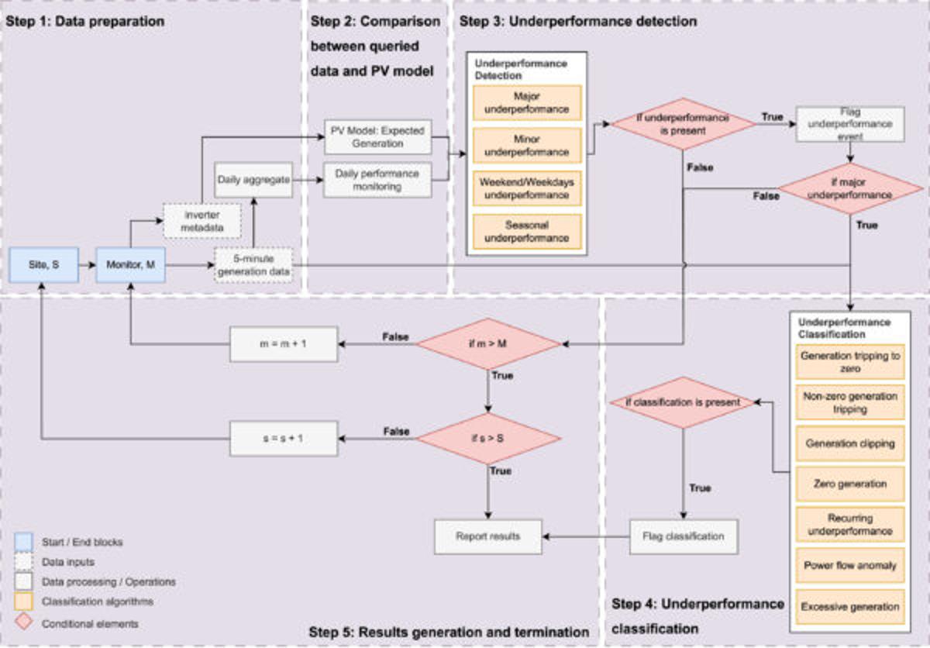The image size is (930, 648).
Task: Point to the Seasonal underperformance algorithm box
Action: click(526, 230)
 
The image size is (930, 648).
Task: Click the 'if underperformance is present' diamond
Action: click(683, 124)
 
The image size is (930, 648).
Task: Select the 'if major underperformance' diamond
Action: click(850, 189)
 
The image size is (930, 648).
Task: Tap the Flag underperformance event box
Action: click(849, 124)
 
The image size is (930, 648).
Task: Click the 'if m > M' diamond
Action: click(488, 343)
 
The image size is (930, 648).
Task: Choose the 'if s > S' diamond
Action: click(488, 438)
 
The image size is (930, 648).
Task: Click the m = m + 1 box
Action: click(284, 343)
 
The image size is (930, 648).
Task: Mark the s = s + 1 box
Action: click(284, 438)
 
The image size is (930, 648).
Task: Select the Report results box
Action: click(487, 536)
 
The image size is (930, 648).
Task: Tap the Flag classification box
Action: click(683, 536)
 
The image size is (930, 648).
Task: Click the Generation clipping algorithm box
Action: click(849, 444)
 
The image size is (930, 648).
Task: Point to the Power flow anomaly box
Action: click(849, 565)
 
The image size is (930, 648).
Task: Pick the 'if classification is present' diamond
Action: click(683, 402)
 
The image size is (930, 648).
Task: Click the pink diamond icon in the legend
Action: click(24, 622)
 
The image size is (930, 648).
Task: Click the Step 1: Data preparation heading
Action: click(85, 22)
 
